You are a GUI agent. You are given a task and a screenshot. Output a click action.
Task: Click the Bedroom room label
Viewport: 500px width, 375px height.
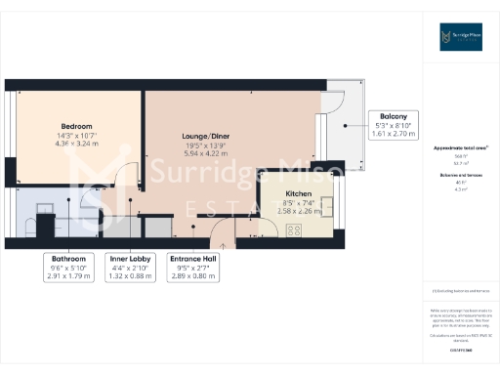tap(76, 127)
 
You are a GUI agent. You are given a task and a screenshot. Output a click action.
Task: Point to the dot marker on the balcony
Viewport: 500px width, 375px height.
tap(347, 125)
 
